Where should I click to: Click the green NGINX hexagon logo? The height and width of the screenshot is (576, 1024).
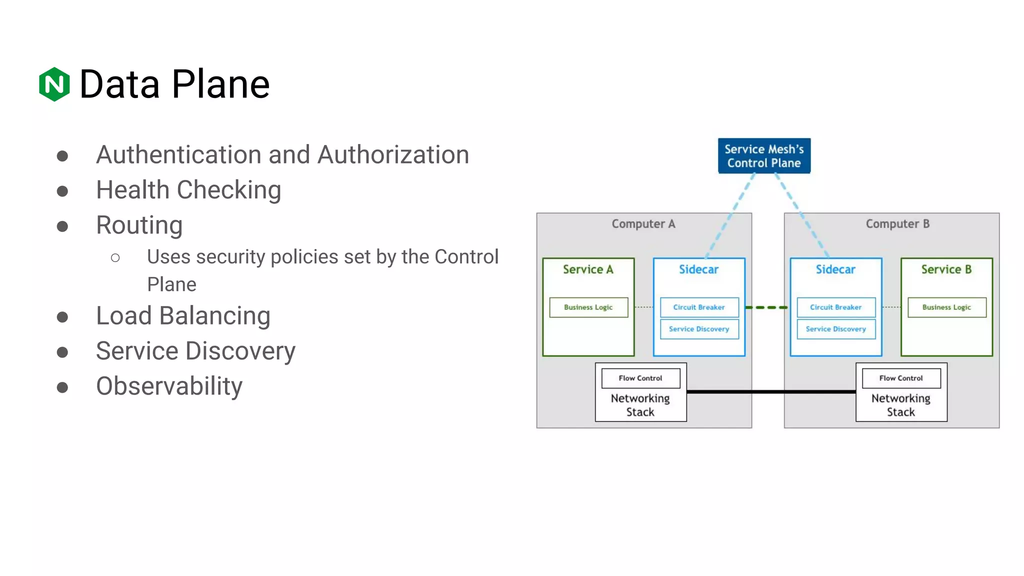click(x=54, y=84)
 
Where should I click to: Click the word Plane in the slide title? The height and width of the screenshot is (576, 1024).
click(x=220, y=84)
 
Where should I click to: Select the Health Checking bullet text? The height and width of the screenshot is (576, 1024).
click(x=188, y=190)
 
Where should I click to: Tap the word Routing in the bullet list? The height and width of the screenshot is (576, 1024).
click(x=139, y=225)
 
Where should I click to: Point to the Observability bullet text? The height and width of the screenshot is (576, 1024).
click(x=169, y=386)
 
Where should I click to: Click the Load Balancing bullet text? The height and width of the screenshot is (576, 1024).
click(x=183, y=316)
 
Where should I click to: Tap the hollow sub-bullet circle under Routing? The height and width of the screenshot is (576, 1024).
click(x=115, y=258)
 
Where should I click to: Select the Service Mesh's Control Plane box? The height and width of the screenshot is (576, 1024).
click(x=764, y=156)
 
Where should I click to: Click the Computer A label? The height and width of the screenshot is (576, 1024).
click(x=643, y=224)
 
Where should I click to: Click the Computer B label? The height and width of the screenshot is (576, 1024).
click(x=897, y=224)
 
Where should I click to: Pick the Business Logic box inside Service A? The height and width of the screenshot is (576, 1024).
click(x=588, y=307)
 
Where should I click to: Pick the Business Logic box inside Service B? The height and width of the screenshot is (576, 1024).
click(x=946, y=307)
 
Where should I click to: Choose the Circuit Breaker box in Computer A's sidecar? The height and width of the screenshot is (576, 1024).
click(x=699, y=307)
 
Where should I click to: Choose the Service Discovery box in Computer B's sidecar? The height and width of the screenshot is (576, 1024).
click(x=835, y=329)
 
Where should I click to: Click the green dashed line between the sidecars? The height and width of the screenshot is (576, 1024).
click(x=767, y=307)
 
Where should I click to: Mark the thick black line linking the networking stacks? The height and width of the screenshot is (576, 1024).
click(x=770, y=392)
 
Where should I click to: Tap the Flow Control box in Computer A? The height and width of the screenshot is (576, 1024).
click(x=640, y=378)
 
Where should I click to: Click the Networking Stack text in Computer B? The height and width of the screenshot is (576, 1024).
click(x=901, y=405)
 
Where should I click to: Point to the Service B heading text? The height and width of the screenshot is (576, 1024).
click(x=946, y=269)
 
